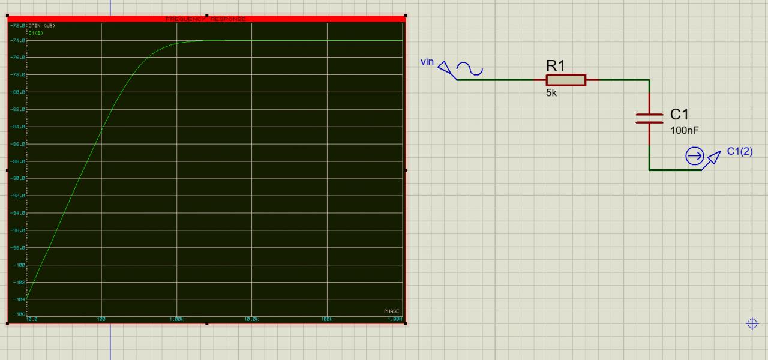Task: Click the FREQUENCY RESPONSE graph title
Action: pyautogui.click(x=205, y=19)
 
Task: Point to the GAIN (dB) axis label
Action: pyautogui.click(x=41, y=26)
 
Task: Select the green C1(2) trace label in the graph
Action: pyautogui.click(x=36, y=32)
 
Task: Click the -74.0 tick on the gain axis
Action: pyautogui.click(x=18, y=40)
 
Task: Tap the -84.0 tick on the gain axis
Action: pyautogui.click(x=18, y=127)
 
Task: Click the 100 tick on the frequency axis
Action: pyautogui.click(x=101, y=319)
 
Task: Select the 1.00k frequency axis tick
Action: pyautogui.click(x=176, y=319)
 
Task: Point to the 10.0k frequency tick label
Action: pyautogui.click(x=251, y=319)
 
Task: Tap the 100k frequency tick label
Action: pyautogui.click(x=327, y=319)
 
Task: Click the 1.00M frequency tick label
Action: pyautogui.click(x=395, y=319)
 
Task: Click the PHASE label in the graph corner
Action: pyautogui.click(x=391, y=311)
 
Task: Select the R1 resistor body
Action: pyautogui.click(x=566, y=80)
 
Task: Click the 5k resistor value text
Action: pyautogui.click(x=551, y=93)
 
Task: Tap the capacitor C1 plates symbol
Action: pyautogui.click(x=649, y=118)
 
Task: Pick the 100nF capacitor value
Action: pyautogui.click(x=685, y=130)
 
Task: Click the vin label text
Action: pyautogui.click(x=427, y=62)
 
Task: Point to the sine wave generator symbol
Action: pyautogui.click(x=469, y=69)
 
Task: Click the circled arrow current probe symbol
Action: pyautogui.click(x=694, y=157)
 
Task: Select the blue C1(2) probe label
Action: pyautogui.click(x=739, y=151)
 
